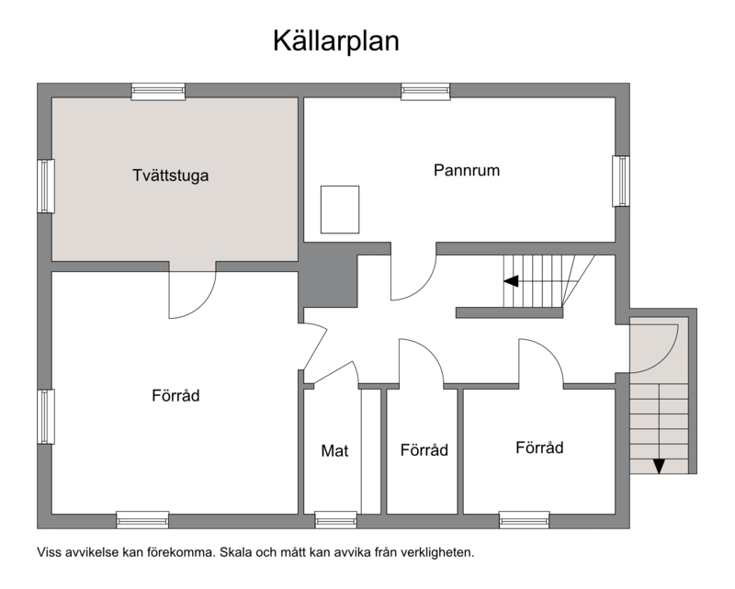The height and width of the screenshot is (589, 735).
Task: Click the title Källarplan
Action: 336,40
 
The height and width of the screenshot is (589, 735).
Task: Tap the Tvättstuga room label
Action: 171,176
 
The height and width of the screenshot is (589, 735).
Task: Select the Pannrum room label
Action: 467,170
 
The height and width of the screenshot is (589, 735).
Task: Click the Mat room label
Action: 334,450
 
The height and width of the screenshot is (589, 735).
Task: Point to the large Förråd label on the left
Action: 175,395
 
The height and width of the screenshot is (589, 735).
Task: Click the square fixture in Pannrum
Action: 340,210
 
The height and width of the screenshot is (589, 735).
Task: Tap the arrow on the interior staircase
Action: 511,281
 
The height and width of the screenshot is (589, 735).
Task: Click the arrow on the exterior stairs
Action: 659,466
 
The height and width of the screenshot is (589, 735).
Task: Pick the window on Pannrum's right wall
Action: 621,181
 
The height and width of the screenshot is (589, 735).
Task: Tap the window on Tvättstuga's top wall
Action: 158,92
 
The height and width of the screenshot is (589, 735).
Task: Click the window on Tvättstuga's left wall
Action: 46,187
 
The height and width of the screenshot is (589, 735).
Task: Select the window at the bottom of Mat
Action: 335,520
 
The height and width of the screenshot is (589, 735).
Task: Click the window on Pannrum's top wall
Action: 425,92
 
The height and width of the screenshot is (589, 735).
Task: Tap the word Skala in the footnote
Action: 234,552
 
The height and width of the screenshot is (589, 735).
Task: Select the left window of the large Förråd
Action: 46,416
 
